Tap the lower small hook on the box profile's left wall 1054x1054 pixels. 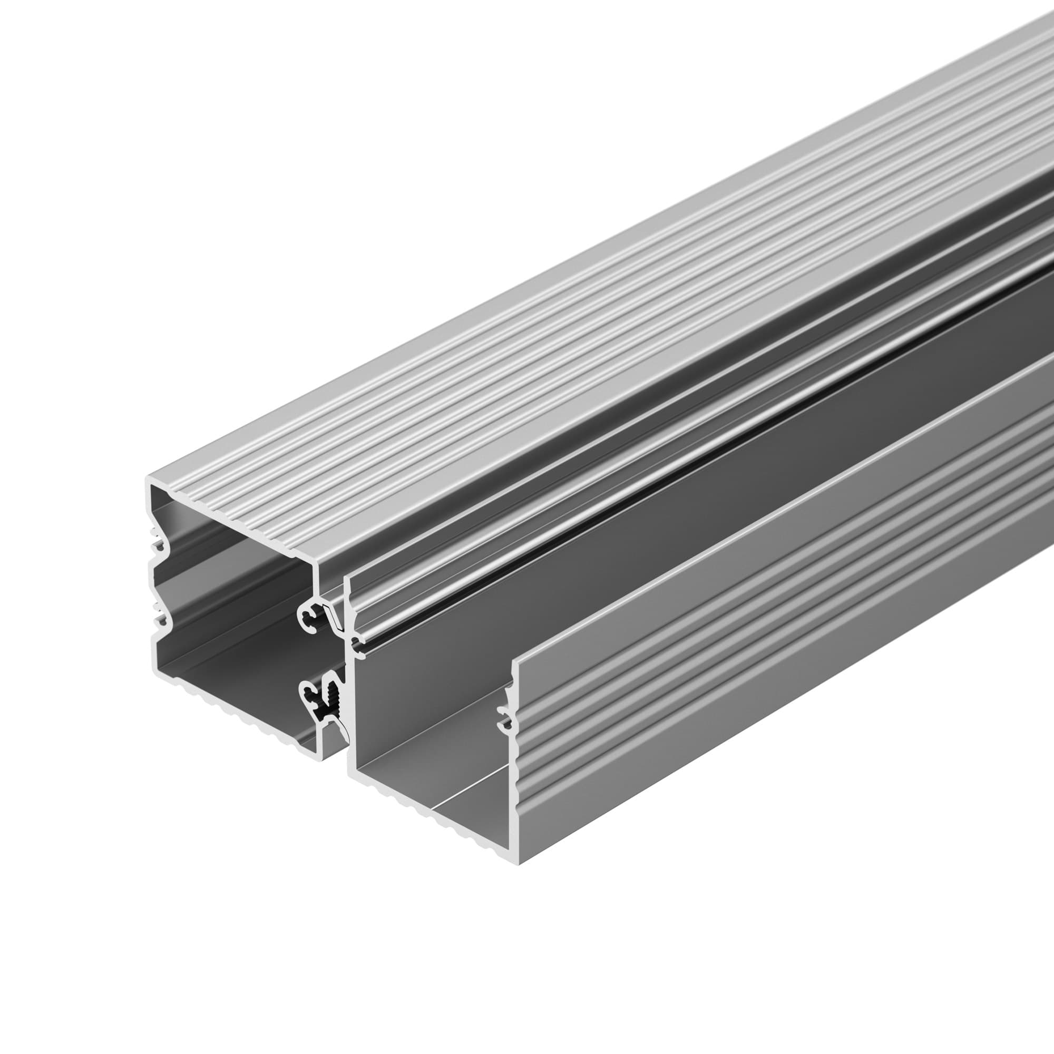pyautogui.click(x=159, y=619)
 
